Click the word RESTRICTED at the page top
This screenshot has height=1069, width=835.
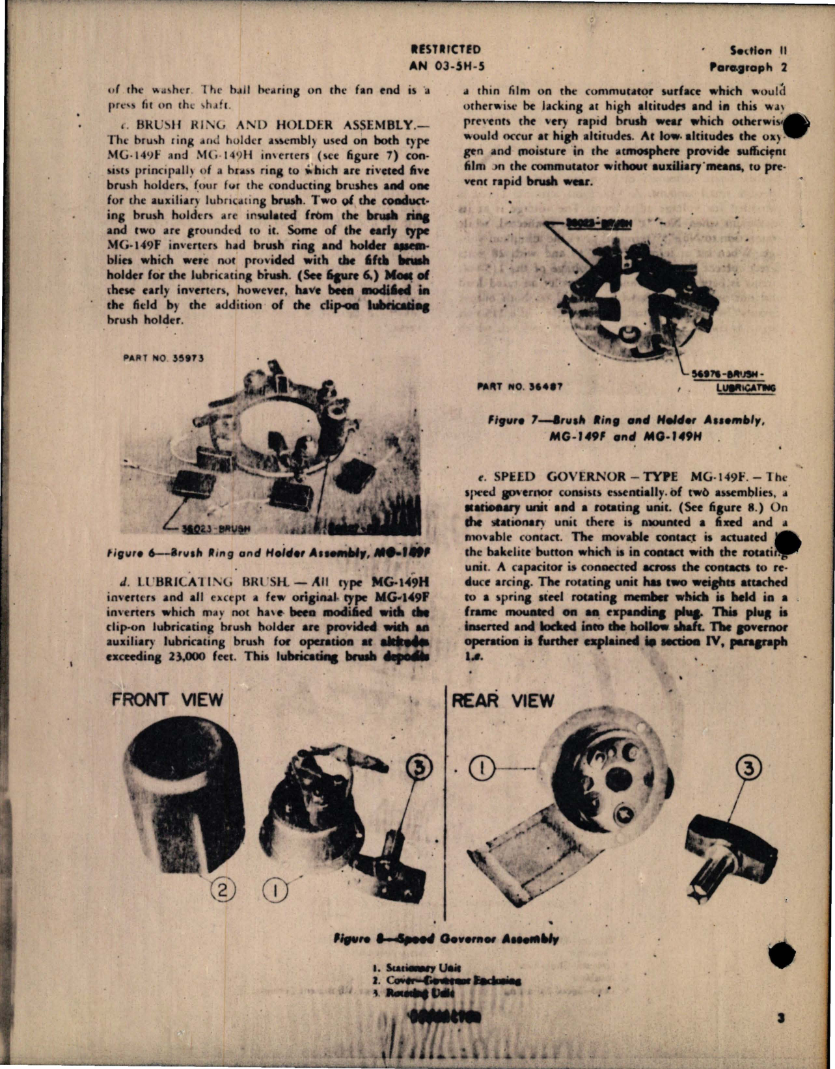[446, 49]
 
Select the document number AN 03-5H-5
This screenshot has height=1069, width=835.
[446, 66]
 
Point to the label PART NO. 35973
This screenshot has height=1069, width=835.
[163, 358]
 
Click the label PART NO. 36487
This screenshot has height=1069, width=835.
[520, 386]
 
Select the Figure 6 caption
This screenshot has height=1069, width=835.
[266, 553]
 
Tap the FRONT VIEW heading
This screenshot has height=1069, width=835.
[167, 700]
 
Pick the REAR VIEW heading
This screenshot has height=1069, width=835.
[502, 701]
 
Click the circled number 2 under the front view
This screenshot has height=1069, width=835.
[223, 889]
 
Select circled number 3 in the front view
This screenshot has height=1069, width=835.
[419, 768]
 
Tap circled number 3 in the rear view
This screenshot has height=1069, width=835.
[748, 769]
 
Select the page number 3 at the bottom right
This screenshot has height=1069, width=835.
[780, 1018]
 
